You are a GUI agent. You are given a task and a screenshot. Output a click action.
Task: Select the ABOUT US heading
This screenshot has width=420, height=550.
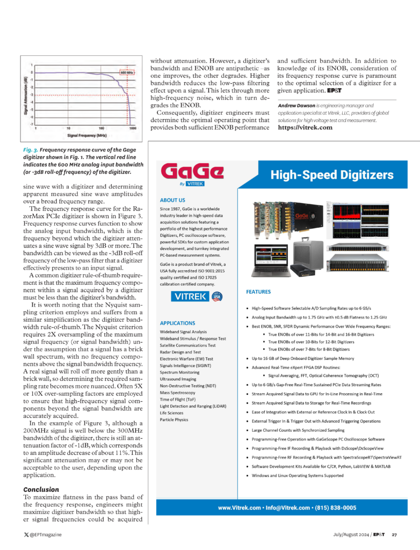(x=173, y=199)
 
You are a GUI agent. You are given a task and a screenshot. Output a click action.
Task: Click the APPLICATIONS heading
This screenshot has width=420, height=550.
(x=177, y=323)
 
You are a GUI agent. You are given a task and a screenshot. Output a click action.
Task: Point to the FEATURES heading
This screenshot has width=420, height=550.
(x=258, y=292)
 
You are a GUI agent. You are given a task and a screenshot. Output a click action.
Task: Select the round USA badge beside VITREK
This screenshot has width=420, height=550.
(x=217, y=296)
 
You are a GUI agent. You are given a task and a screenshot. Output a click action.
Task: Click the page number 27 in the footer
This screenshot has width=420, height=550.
(x=394, y=534)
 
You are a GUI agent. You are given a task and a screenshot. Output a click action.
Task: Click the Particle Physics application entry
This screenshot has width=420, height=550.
(x=175, y=419)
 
